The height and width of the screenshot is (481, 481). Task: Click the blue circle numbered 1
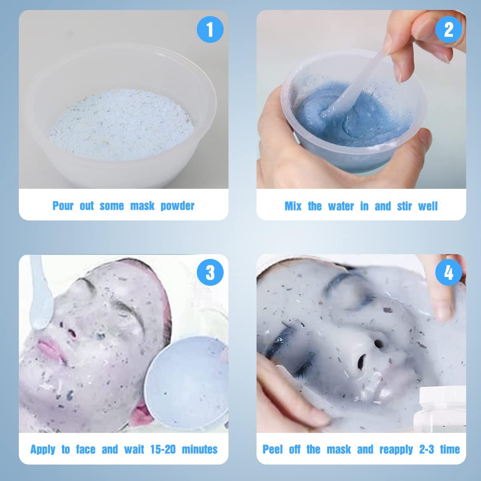coord(210,29)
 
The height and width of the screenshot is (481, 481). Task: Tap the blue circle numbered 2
coord(449,29)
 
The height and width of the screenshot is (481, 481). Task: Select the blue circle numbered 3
coord(210,272)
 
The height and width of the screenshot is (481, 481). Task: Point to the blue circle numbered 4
coord(449,272)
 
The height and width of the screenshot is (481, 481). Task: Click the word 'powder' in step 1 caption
coord(177,206)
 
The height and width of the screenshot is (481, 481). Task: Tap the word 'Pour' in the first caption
coord(63,206)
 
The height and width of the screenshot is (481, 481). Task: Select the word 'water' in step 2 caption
coord(341,206)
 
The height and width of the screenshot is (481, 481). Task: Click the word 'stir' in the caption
coord(404,206)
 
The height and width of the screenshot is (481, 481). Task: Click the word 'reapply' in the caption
coord(396,450)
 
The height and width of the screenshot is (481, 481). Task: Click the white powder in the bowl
coord(121,125)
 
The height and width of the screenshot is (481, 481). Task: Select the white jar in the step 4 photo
coord(440,409)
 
